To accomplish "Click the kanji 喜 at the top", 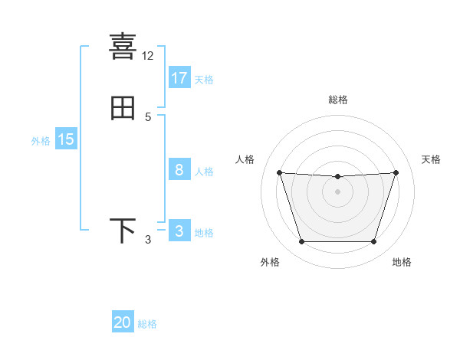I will click(x=123, y=46).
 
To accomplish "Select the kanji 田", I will click(x=123, y=108).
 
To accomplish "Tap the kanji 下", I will click(x=123, y=231).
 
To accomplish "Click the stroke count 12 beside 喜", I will click(x=148, y=56).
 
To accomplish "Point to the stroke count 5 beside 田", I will click(x=148, y=117).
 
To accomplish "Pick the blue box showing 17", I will click(x=179, y=78).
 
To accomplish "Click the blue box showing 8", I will click(x=179, y=170).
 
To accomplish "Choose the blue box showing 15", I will click(x=66, y=139).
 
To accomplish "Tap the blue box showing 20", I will click(x=123, y=322).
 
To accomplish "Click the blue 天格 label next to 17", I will click(x=204, y=80).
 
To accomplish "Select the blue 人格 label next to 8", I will click(x=204, y=172).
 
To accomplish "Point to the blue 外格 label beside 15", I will click(x=41, y=141).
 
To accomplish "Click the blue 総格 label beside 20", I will click(x=147, y=324).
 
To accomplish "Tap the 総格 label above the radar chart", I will click(x=337, y=100).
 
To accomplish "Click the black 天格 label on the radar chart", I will click(x=432, y=159).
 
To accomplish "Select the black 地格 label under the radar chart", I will click(x=402, y=262).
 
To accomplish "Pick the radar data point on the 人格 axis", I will click(x=279, y=172).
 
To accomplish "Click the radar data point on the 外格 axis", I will click(x=301, y=242).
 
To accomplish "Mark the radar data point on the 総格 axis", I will click(x=337, y=177).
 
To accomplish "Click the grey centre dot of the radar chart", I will click(x=337, y=191).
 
